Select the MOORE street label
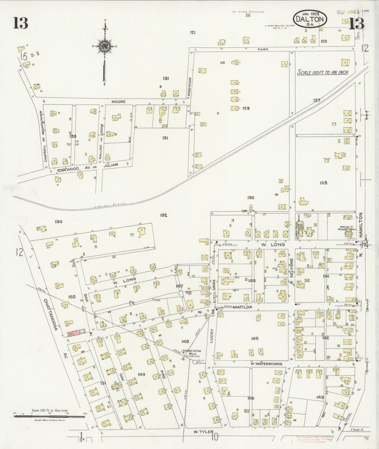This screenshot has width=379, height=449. (x=119, y=102)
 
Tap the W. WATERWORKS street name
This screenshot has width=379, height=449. (x=266, y=364)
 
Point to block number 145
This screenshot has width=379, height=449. (x=255, y=338)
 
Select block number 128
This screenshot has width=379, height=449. (x=323, y=183)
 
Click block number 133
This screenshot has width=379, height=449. (x=73, y=136)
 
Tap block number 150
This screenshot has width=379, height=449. (x=72, y=297)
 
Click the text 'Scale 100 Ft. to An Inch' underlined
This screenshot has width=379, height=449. (x=323, y=73)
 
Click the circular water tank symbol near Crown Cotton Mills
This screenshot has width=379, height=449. (x=194, y=362)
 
